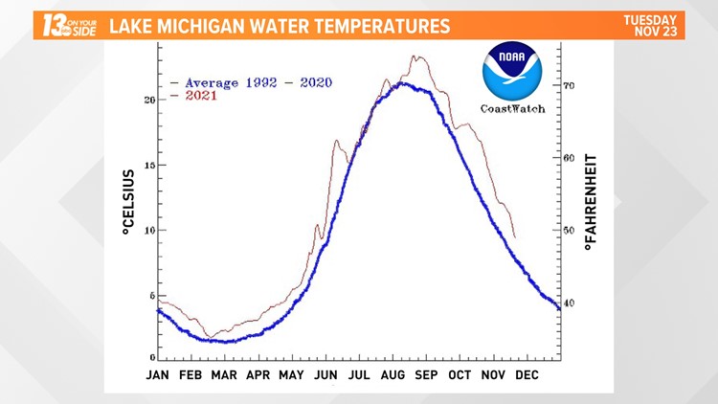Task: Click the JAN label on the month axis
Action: (158, 375)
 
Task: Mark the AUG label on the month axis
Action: (394, 375)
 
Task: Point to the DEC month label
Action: (527, 375)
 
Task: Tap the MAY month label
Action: (291, 375)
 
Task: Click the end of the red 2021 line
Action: (515, 237)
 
